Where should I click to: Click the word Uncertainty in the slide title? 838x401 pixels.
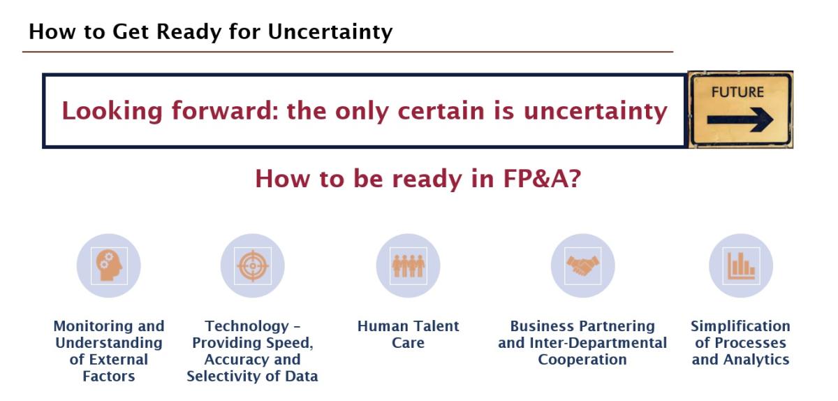[330, 31]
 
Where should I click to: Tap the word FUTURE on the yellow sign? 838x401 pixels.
[737, 92]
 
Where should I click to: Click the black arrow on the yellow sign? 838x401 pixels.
[740, 120]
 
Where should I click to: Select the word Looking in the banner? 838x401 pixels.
[112, 112]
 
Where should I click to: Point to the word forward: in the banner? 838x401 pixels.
[225, 111]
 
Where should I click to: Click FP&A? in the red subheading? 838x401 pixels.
[542, 179]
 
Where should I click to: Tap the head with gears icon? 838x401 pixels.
[109, 265]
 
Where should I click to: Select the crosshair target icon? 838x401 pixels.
[253, 266]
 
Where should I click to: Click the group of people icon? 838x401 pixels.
[408, 266]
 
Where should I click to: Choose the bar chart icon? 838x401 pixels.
[741, 266]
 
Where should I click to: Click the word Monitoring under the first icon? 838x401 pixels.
[94, 326]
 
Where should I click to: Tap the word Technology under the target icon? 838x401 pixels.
[247, 326]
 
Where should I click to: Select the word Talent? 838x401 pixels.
[435, 326]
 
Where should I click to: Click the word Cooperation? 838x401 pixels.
[582, 360]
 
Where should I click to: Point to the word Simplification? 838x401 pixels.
[740, 326]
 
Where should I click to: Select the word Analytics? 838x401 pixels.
[756, 360]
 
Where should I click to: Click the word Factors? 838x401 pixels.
[109, 377]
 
